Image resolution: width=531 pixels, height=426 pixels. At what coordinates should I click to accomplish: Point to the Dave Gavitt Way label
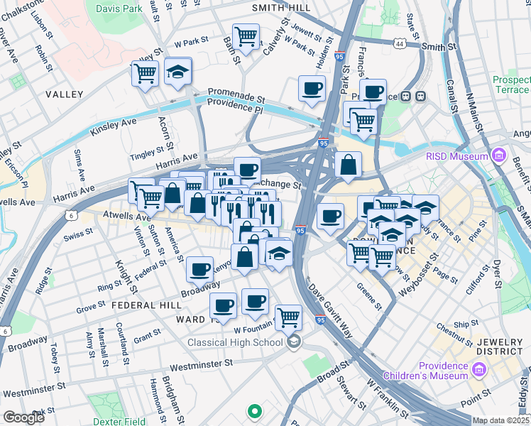pos(330,310)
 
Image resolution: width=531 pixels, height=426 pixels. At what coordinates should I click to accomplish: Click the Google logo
pos(23,417)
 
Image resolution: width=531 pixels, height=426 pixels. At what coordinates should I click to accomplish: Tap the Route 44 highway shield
pos(402,43)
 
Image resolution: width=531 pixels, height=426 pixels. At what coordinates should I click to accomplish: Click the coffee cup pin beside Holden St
pos(312,88)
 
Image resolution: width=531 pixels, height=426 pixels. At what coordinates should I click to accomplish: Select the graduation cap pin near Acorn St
pos(177,71)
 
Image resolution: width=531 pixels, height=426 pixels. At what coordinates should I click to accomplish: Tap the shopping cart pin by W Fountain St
pos(288,316)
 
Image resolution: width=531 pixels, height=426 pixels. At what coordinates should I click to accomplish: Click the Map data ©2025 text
pos(501,420)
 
